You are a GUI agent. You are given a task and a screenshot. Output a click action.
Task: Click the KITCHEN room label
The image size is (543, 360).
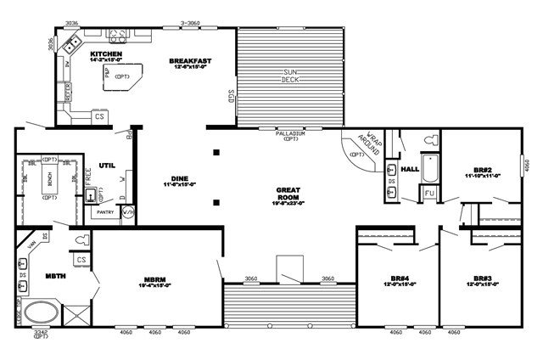point(106,55)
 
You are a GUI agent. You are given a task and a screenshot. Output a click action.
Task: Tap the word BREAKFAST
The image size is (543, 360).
point(190,61)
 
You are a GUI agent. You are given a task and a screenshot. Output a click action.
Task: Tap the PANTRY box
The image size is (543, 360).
point(104,212)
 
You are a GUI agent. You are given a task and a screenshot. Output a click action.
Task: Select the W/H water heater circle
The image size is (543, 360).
point(127,212)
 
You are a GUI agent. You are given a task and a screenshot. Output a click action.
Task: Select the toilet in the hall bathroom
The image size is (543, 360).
point(428,139)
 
